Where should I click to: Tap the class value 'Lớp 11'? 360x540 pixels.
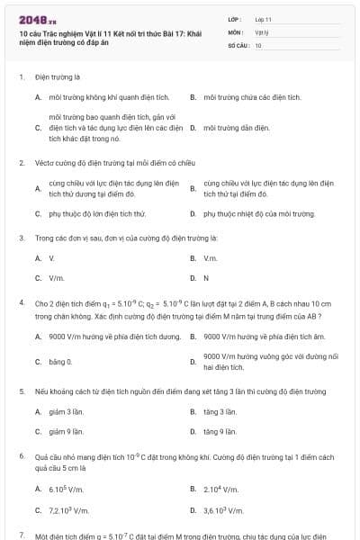click(x=263, y=18)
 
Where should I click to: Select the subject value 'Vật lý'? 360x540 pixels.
click(x=261, y=31)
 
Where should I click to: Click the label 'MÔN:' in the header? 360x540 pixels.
click(x=236, y=31)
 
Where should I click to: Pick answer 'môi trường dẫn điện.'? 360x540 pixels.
click(x=237, y=128)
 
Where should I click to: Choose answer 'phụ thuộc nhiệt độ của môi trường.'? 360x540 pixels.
click(x=259, y=214)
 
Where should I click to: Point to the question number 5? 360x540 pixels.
click(x=22, y=391)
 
